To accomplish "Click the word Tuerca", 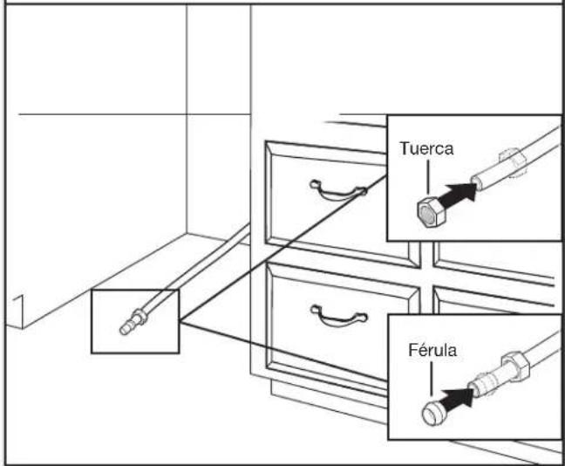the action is coord(426,148).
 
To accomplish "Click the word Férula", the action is coord(432,350).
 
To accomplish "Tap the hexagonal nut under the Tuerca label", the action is coord(432,212).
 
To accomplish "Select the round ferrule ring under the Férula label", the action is coord(435,412).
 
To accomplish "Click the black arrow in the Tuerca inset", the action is coord(459,195).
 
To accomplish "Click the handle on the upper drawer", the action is coord(337,191).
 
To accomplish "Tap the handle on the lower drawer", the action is coord(338,316).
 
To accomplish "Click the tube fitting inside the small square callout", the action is coord(133,321).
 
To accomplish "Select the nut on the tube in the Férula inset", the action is coord(516,366).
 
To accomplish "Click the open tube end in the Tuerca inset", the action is coord(477,181).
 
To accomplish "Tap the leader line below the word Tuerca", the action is coord(428,177).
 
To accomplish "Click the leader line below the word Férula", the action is coord(432,379).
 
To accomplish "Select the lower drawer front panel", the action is coord(343,324).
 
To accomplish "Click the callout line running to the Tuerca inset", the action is coord(283,248).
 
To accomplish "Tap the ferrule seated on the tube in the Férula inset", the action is coord(483,385).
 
